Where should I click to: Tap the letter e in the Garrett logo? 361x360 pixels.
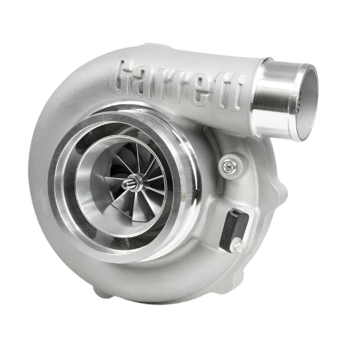tap(204, 90)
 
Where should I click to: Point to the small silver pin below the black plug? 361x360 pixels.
tap(237, 246)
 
